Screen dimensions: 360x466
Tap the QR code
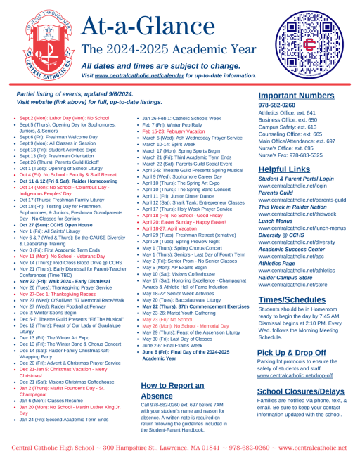313,45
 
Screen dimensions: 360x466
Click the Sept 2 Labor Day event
64,118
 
